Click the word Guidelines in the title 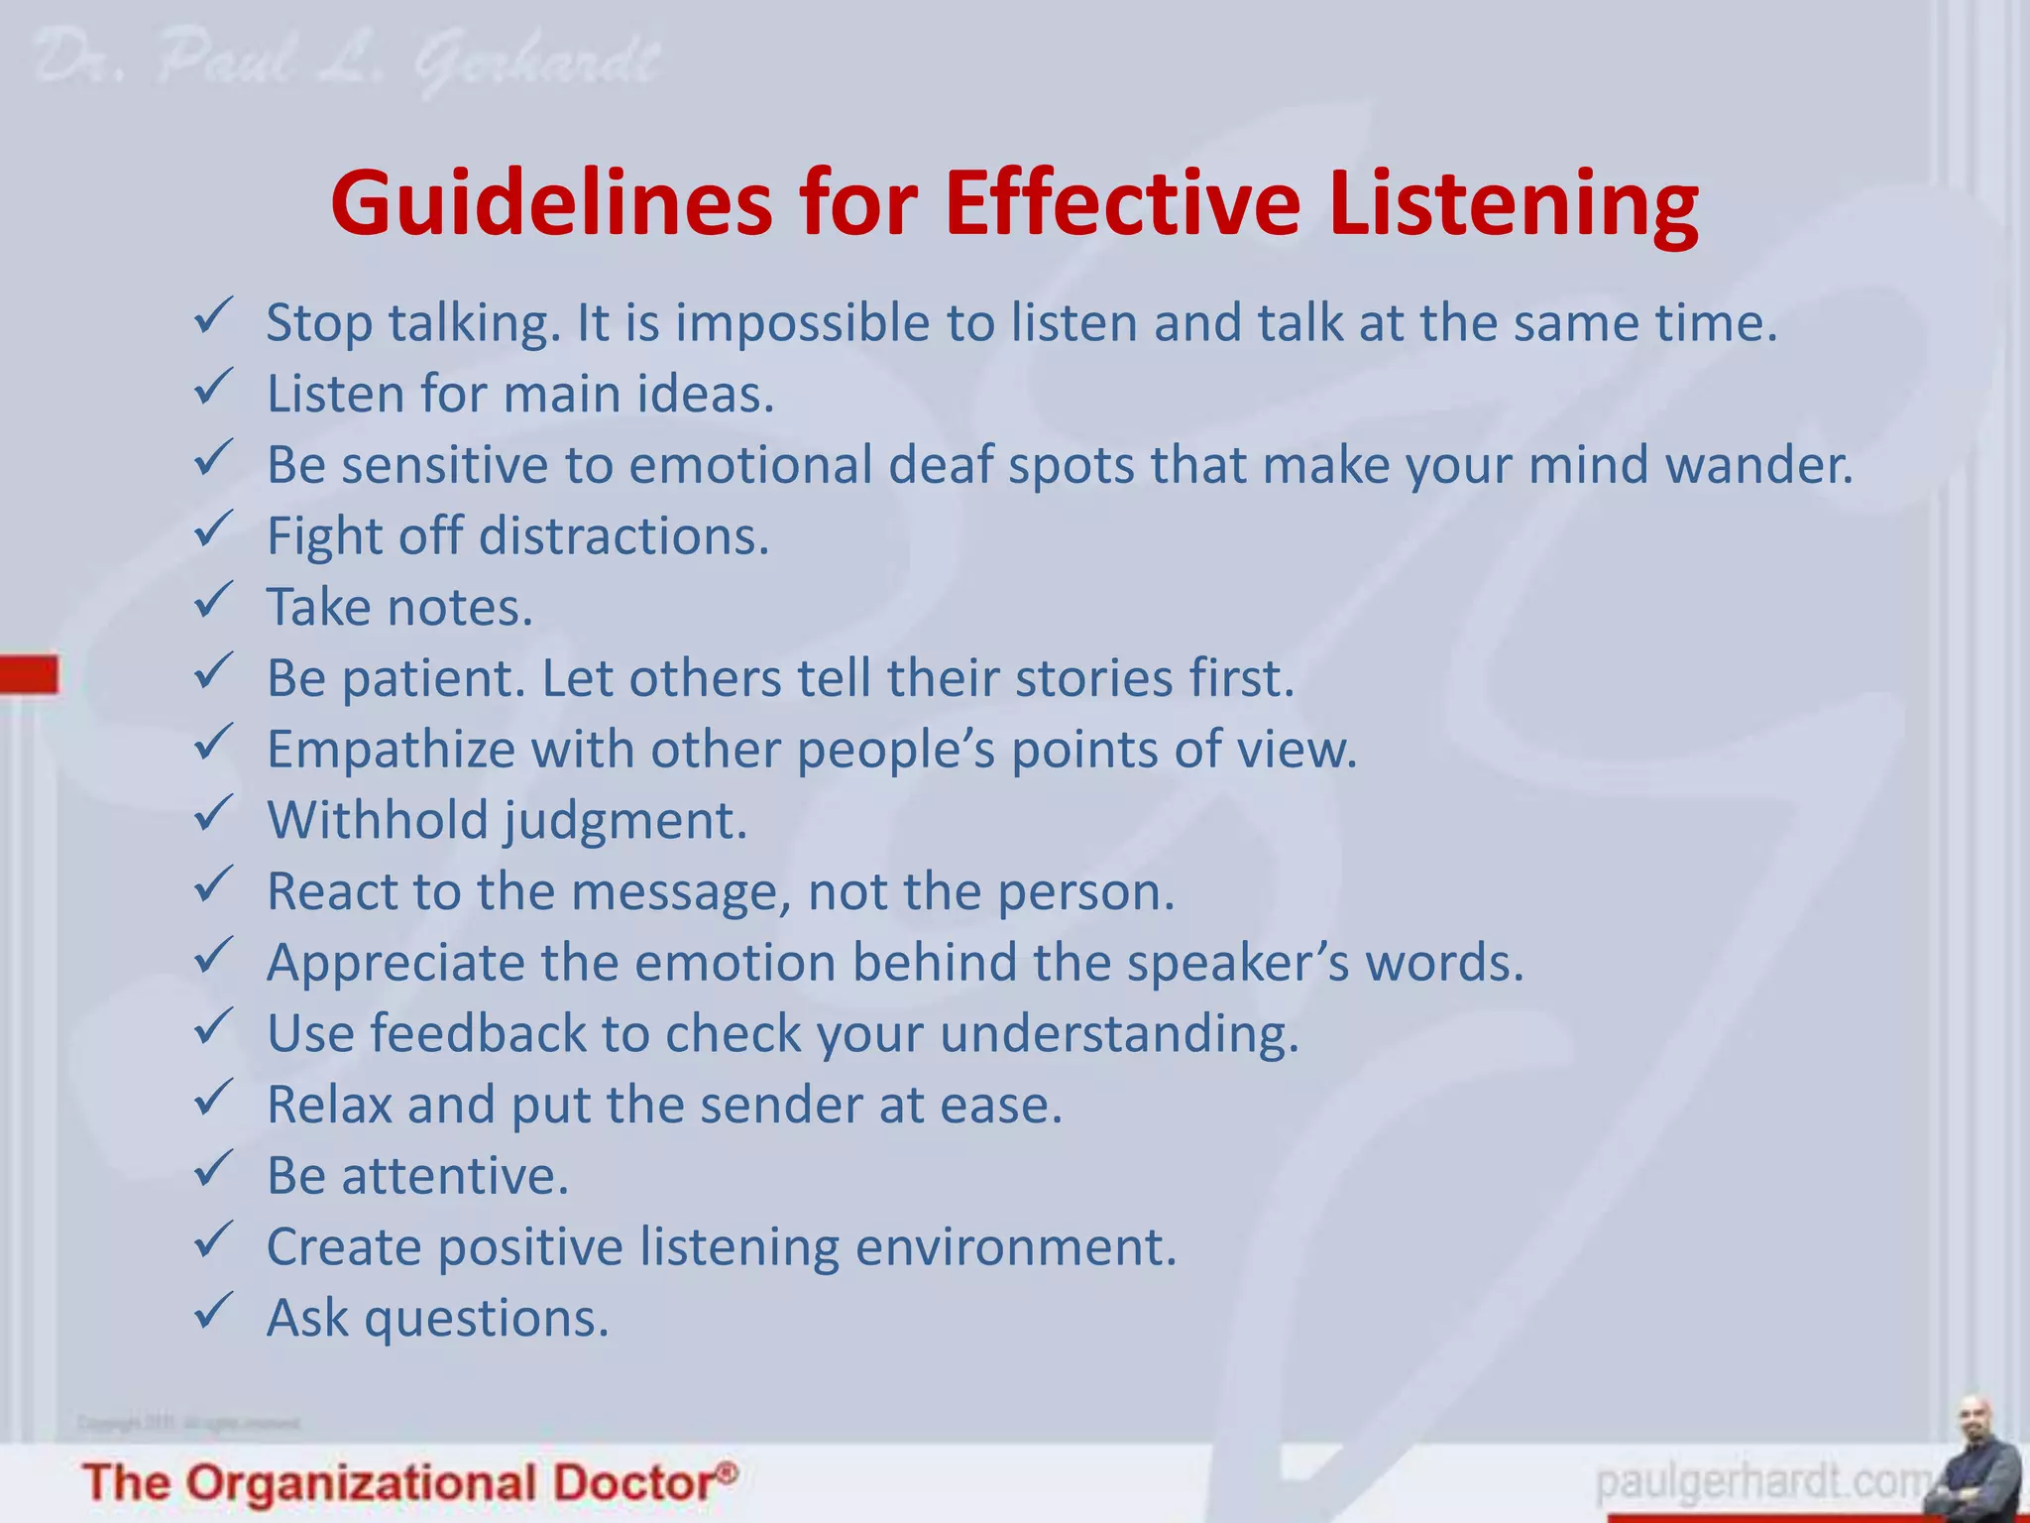click(551, 204)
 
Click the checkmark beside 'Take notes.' click(213, 601)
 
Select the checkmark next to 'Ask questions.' click(213, 1311)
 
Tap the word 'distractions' click(623, 536)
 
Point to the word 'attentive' click(455, 1176)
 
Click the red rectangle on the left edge click(29, 674)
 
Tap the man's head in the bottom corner click(1974, 1418)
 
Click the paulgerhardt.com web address click(1764, 1483)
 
